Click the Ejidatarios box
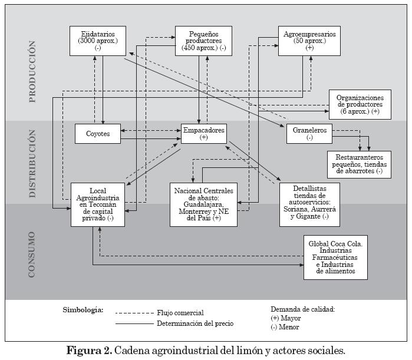point(98,41)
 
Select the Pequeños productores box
point(200,41)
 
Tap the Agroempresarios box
point(309,41)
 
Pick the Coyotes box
point(98,133)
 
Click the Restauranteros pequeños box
point(360,164)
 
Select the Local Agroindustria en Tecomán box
point(98,204)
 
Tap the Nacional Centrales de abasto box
point(204,204)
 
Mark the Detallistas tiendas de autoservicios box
point(309,204)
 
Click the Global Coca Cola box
point(335,257)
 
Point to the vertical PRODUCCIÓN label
point(32,72)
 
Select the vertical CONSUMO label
point(32,255)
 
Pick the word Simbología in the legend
point(83,310)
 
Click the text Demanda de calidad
point(302,309)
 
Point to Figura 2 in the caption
point(89,351)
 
